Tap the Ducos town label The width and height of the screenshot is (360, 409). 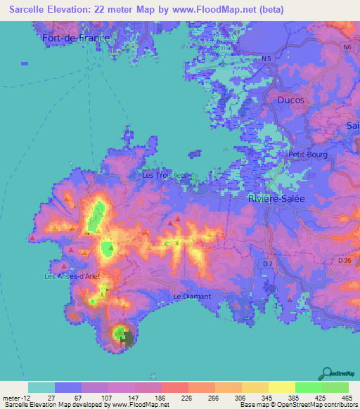click(x=290, y=100)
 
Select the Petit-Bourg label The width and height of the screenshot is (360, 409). click(x=308, y=155)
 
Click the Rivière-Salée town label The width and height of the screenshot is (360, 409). click(x=276, y=199)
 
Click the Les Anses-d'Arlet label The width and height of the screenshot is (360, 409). click(x=72, y=276)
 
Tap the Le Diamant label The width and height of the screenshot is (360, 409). click(x=191, y=297)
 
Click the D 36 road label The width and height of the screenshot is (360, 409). click(x=344, y=260)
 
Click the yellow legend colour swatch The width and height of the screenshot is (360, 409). click(x=281, y=387)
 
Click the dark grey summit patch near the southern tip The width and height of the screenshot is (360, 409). click(x=127, y=339)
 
